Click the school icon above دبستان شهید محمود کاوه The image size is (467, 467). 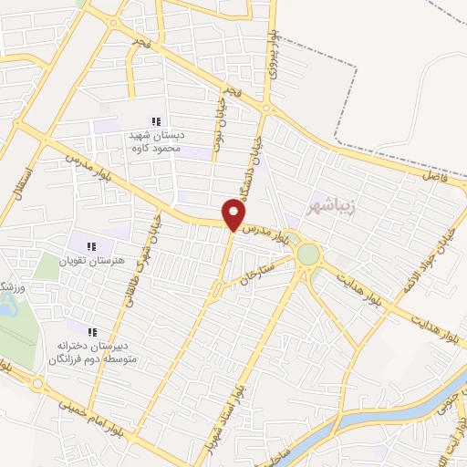pos(156,121)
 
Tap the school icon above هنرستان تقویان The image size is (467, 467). pos(91,245)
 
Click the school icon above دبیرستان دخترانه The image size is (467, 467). pos(91,332)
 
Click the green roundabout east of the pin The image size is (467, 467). pos(308,253)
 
